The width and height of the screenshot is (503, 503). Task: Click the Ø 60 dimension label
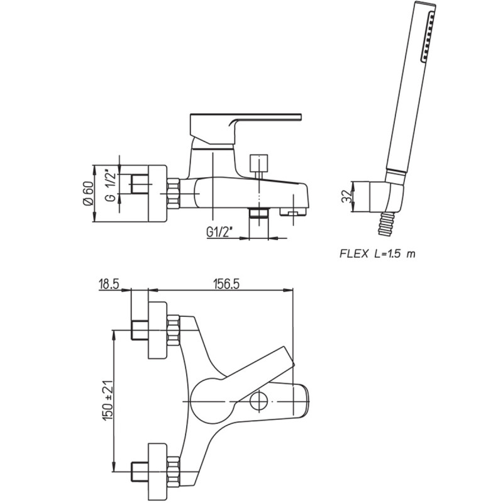(88, 194)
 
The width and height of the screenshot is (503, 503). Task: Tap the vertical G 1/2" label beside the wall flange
(111, 186)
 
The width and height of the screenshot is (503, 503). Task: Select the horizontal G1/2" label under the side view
(219, 231)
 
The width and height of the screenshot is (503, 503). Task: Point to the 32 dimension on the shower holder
(346, 197)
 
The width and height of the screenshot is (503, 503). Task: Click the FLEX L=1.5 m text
(377, 254)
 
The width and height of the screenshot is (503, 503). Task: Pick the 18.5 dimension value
(109, 284)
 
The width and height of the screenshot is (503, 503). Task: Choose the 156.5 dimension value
(226, 284)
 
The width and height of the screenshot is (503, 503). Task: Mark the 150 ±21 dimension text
(108, 401)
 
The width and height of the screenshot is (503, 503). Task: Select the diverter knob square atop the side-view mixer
(258, 163)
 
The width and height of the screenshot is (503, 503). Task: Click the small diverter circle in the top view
(259, 401)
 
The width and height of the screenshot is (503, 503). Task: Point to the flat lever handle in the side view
(245, 128)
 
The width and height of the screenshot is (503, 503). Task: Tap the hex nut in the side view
(173, 194)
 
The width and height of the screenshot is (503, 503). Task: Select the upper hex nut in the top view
(173, 330)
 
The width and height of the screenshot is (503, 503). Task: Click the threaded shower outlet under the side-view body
(258, 213)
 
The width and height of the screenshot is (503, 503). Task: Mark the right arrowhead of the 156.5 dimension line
(288, 290)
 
